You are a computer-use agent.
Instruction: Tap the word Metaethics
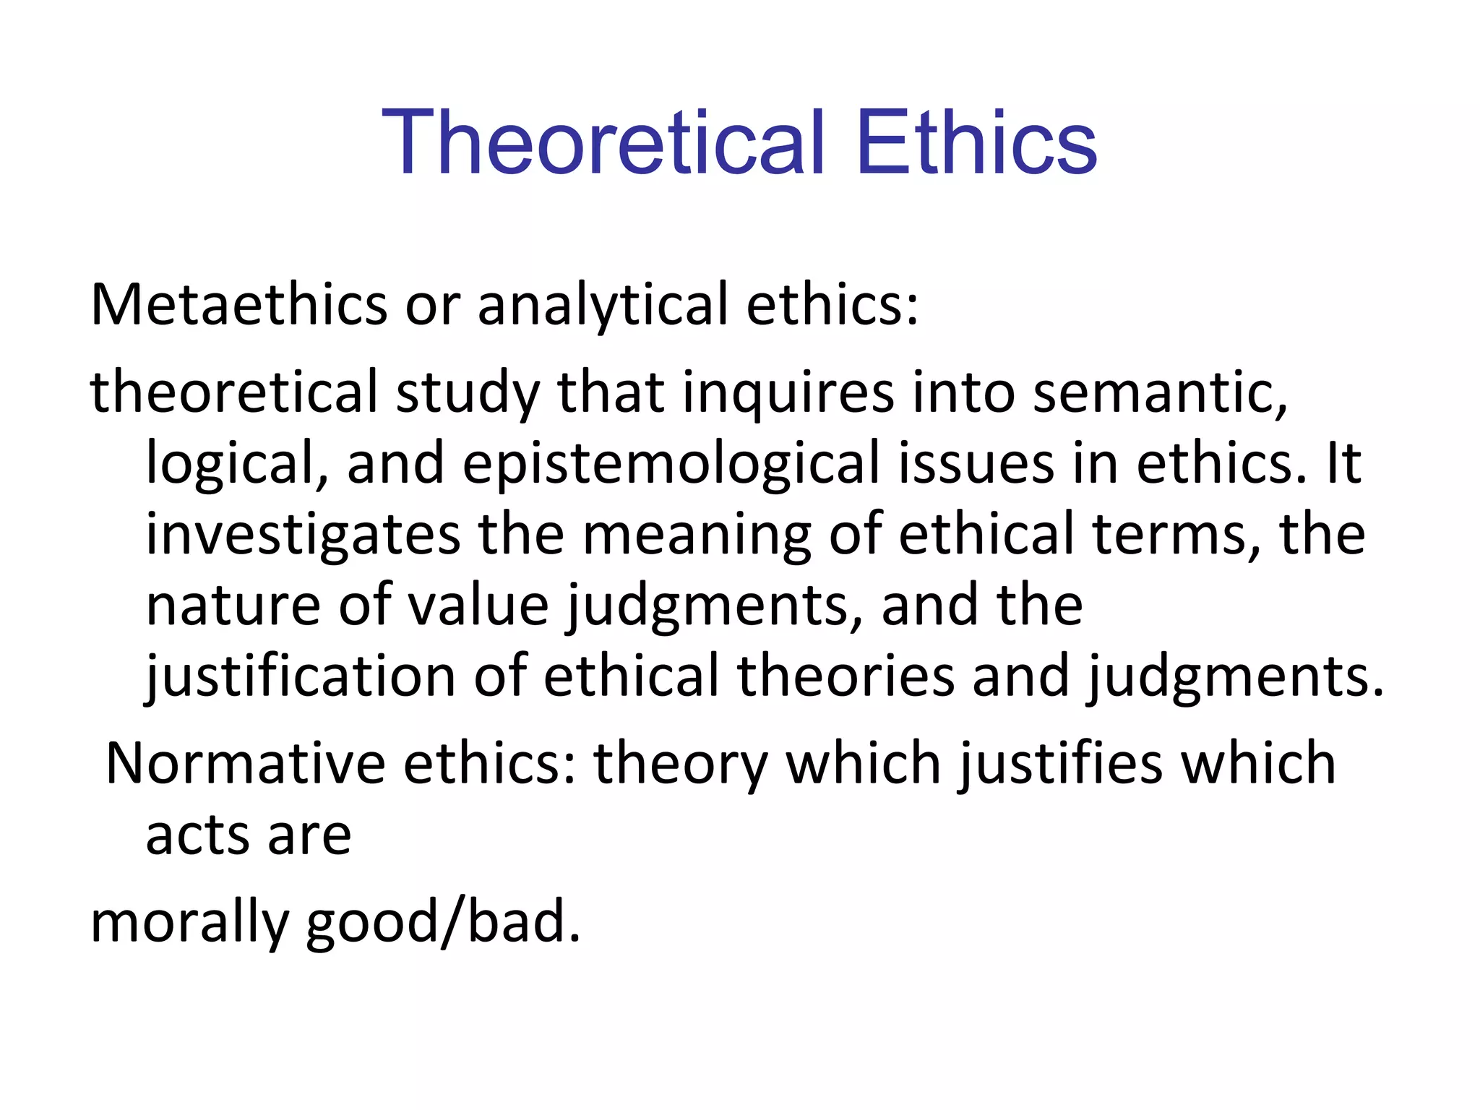(x=238, y=304)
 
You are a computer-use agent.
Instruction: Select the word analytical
(x=602, y=304)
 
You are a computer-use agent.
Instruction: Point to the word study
(x=468, y=392)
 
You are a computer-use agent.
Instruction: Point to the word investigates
(x=303, y=534)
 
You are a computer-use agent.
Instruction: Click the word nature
(x=233, y=605)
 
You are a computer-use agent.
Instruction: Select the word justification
(x=300, y=676)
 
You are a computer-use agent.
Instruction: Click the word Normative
(x=245, y=763)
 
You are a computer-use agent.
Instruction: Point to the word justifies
(x=1060, y=763)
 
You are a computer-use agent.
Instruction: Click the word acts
(x=197, y=835)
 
